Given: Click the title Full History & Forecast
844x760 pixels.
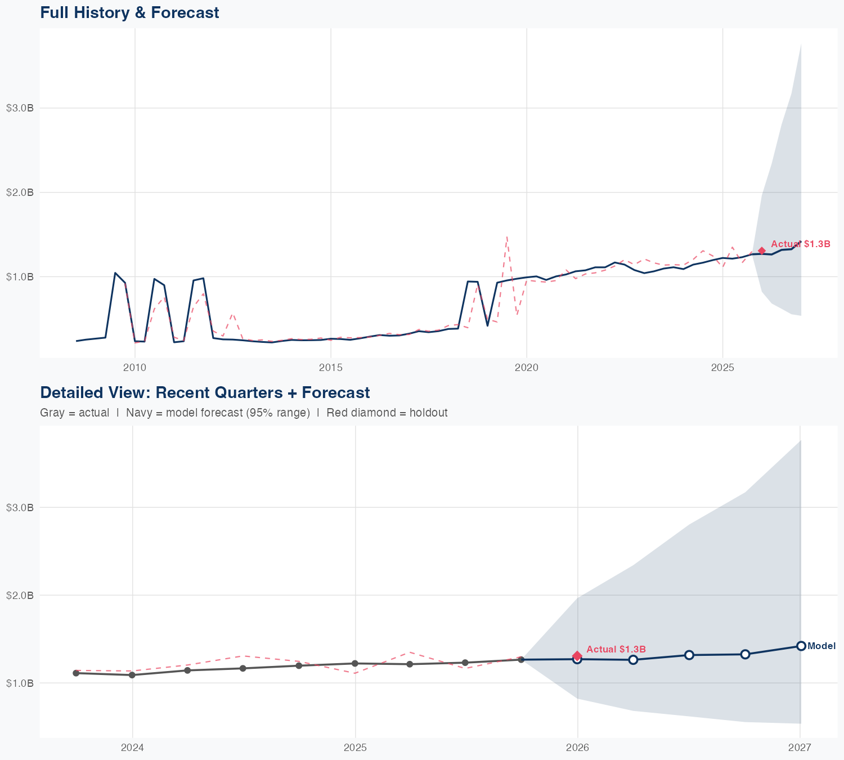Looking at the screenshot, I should click(x=129, y=12).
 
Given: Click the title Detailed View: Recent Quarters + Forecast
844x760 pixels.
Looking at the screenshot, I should click(x=205, y=392).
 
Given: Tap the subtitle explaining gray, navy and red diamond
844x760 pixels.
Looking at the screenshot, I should click(x=244, y=413).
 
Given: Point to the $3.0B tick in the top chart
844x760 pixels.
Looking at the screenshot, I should click(x=20, y=108).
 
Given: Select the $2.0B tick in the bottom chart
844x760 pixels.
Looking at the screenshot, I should click(x=20, y=595).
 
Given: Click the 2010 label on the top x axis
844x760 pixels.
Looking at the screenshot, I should click(x=134, y=368).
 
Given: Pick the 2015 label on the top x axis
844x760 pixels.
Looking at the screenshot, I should click(x=330, y=368).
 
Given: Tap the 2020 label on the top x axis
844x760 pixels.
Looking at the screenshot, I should click(x=527, y=368).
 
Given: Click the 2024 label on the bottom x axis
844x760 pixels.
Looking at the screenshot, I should click(x=132, y=748).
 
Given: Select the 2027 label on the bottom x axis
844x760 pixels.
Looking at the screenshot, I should click(x=800, y=748).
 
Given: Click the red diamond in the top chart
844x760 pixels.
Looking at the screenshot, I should click(x=761, y=251).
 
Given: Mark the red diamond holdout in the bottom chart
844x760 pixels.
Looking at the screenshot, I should click(x=577, y=655).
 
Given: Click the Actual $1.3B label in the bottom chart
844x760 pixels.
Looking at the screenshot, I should click(x=616, y=650).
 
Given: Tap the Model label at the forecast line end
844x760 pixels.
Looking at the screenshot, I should click(x=821, y=646).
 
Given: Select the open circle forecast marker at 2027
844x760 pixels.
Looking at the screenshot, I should click(x=801, y=646).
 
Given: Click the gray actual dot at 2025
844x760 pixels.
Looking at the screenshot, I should click(x=354, y=663).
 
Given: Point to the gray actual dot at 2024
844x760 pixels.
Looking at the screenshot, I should click(x=132, y=675).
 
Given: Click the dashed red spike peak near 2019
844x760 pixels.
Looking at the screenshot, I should click(x=507, y=236).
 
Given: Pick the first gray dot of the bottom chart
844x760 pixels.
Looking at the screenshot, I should click(x=76, y=673).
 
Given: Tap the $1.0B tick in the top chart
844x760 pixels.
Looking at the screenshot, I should click(x=20, y=277).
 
